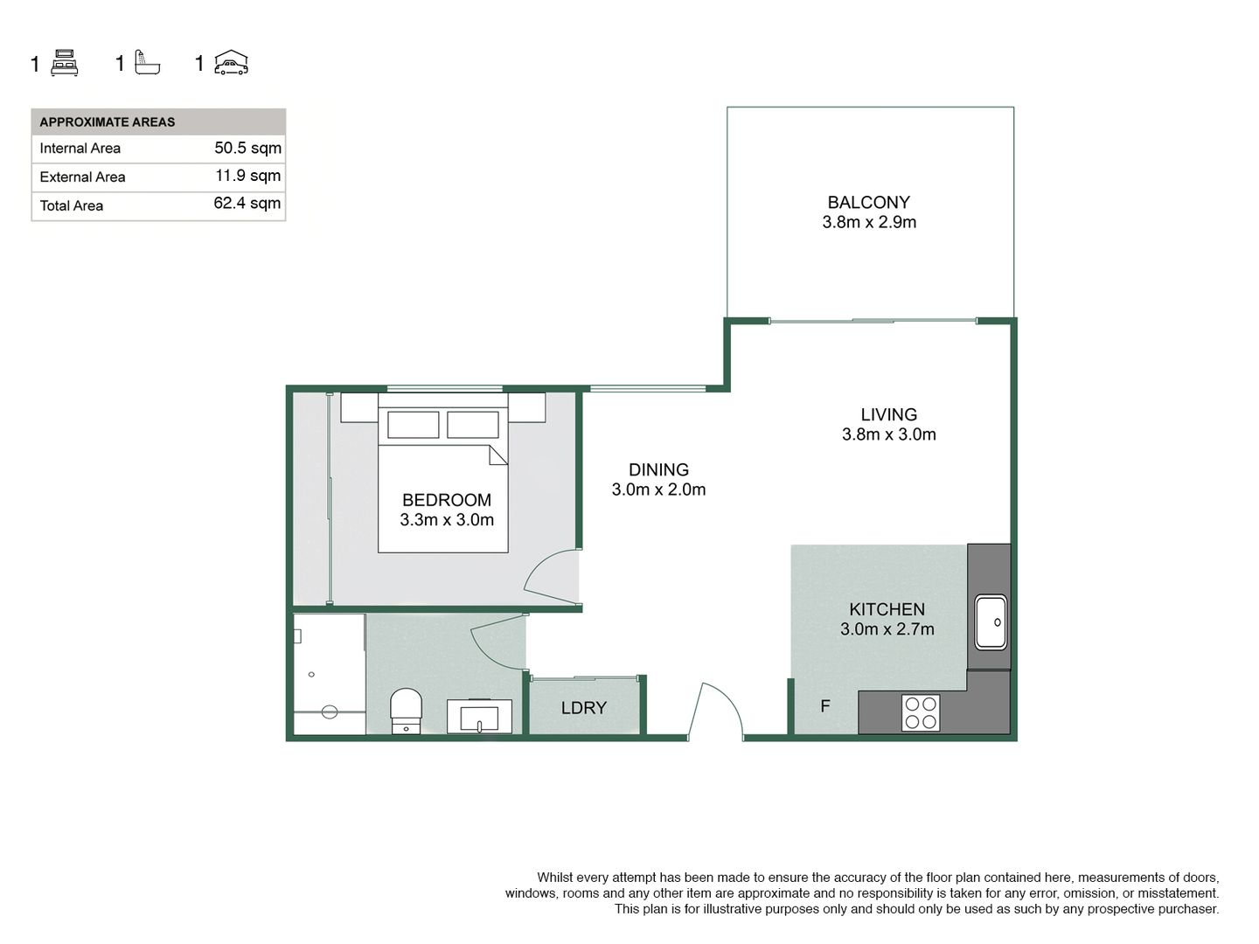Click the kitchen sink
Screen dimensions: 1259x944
point(991,621)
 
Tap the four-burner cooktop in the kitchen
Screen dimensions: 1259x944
point(921,713)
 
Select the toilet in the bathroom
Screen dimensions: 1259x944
point(406,711)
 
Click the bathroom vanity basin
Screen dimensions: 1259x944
point(479,716)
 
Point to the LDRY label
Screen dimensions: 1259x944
point(583,708)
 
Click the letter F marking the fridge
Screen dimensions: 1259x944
point(824,706)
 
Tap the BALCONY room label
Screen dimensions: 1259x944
point(868,202)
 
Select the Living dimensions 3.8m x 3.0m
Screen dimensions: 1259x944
point(888,434)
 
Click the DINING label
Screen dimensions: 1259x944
point(658,470)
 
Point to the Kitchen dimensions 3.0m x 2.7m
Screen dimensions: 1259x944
point(887,629)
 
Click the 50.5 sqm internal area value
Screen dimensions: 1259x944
point(247,148)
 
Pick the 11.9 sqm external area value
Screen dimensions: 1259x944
point(247,176)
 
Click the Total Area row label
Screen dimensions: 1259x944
point(71,205)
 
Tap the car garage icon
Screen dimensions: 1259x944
point(231,62)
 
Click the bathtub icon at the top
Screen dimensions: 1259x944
point(148,62)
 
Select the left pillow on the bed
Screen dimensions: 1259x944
point(413,425)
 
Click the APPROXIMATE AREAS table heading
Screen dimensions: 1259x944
point(108,122)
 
